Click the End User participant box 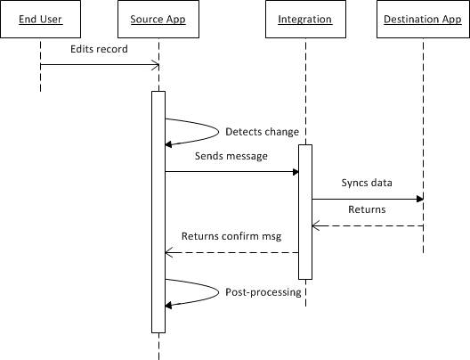pyautogui.click(x=40, y=19)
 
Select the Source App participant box pyautogui.click(x=158, y=19)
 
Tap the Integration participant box pyautogui.click(x=304, y=19)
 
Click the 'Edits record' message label pyautogui.click(x=99, y=49)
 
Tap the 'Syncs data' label pyautogui.click(x=366, y=183)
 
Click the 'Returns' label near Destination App pyautogui.click(x=366, y=210)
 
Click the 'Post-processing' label pyautogui.click(x=263, y=291)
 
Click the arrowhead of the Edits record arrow pyautogui.click(x=156, y=65)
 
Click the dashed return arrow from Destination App pyautogui.click(x=367, y=225)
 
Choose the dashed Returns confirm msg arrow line pyautogui.click(x=231, y=252)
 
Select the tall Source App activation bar pyautogui.click(x=158, y=214)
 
